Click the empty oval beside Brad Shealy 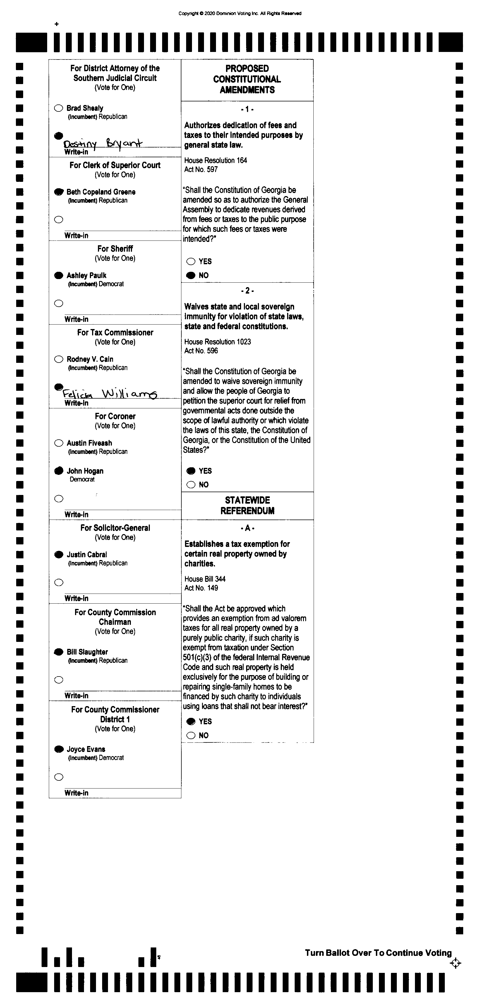pos(59,108)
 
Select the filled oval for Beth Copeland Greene pos(59,192)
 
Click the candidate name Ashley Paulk pos(86,275)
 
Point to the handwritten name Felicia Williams pos(110,393)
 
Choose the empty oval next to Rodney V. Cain pos(59,359)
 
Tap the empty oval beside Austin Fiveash pos(59,443)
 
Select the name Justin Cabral pos(87,554)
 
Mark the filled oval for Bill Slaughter pos(59,652)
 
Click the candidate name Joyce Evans pos(86,749)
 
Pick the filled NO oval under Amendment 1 pos(191,275)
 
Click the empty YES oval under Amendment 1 pos(191,261)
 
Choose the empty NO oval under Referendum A pos(191,735)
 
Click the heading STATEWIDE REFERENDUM pos(247,505)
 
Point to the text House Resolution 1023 pos(218,342)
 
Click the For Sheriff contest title pos(115,249)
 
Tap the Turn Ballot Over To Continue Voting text pos(378,953)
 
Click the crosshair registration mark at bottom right pos(455,963)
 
